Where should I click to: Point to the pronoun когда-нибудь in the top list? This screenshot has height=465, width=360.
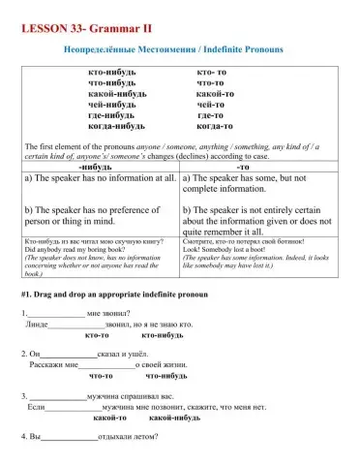coord(116,127)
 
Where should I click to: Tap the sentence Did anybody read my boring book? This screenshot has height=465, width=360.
coord(74,250)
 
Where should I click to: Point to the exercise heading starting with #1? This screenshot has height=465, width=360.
coord(112,292)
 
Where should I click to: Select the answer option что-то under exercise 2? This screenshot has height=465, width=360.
coord(102,376)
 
